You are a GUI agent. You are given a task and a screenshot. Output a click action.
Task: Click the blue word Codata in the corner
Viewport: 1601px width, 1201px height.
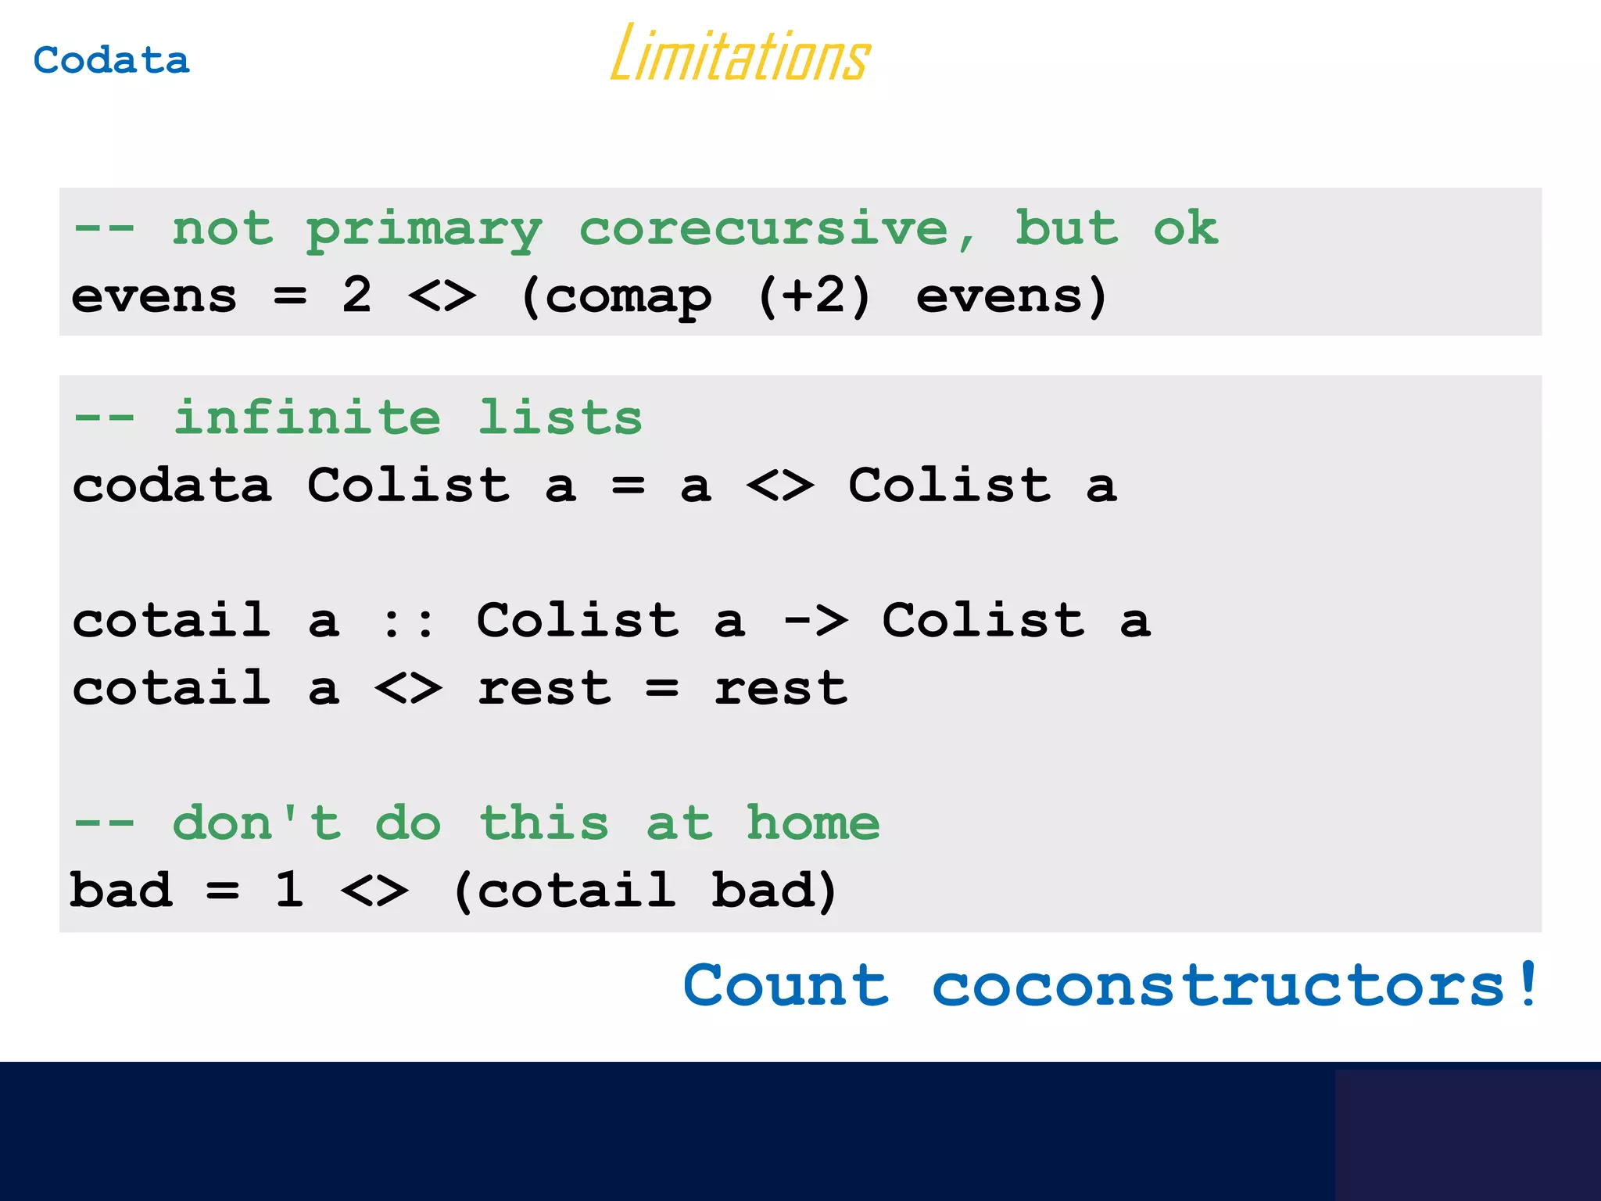pyautogui.click(x=111, y=60)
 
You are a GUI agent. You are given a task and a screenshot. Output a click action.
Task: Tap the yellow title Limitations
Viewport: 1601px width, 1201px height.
pyautogui.click(x=740, y=55)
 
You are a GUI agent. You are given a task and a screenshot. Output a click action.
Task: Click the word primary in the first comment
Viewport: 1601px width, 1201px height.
pyautogui.click(x=424, y=230)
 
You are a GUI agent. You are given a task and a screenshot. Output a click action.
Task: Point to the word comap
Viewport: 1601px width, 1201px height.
pyautogui.click(x=628, y=298)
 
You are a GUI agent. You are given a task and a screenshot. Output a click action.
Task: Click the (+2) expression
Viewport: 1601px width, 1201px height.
pyautogui.click(x=814, y=296)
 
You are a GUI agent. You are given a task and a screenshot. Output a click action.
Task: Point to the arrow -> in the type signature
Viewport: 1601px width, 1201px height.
pyautogui.click(x=815, y=622)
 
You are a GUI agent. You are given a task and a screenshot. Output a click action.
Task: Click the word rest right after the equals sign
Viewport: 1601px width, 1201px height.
pyautogui.click(x=780, y=689)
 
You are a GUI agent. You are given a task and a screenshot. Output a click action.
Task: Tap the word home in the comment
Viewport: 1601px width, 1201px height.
pyautogui.click(x=813, y=823)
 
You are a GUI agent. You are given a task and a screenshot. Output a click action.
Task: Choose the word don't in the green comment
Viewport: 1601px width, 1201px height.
pyautogui.click(x=256, y=823)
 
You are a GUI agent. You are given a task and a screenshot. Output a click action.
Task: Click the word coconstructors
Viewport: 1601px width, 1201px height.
pyautogui.click(x=1218, y=986)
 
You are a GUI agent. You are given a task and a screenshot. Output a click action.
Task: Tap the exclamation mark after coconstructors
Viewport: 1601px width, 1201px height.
pyautogui.click(x=1528, y=983)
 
